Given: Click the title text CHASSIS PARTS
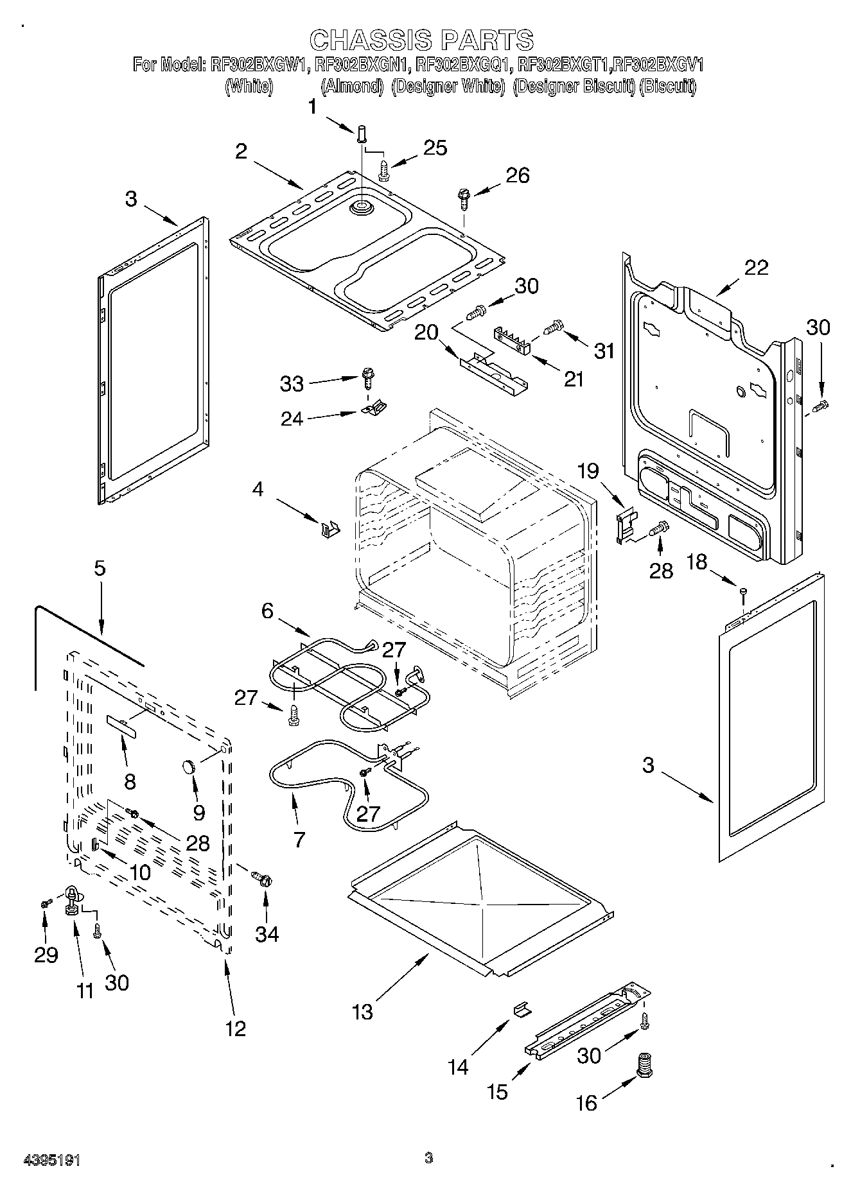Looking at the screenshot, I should (421, 40).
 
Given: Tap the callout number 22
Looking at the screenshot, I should (756, 267).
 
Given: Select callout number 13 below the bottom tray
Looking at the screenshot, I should (362, 1012).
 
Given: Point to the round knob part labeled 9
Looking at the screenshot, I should (189, 766).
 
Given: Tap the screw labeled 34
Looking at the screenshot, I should (262, 878).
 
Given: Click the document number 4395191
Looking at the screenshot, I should (51, 1160).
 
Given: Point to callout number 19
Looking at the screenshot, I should (588, 472).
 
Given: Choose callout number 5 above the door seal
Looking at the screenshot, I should (100, 569).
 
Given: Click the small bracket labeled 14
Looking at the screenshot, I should (522, 1010).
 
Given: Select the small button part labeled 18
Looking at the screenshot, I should (743, 591).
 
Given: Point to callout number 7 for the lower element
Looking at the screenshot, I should (299, 839).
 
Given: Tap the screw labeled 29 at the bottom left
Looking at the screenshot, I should (45, 903).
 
